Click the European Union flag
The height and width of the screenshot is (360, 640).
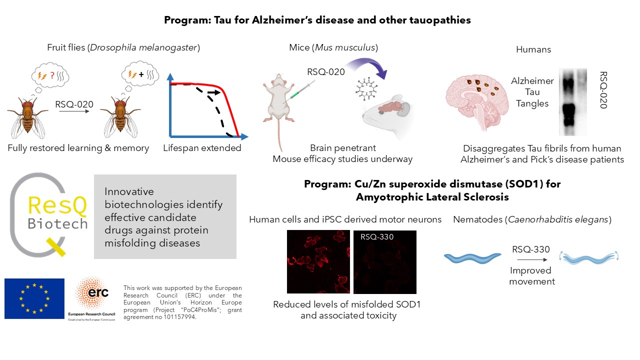click(x=34, y=298)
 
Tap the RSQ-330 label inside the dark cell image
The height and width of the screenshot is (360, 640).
click(x=377, y=236)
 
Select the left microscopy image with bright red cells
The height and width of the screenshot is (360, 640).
click(x=318, y=261)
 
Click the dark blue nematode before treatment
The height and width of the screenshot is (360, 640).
click(x=472, y=257)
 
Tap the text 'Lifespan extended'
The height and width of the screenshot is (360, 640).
click(x=202, y=148)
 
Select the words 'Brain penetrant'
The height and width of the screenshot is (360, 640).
click(x=342, y=148)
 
